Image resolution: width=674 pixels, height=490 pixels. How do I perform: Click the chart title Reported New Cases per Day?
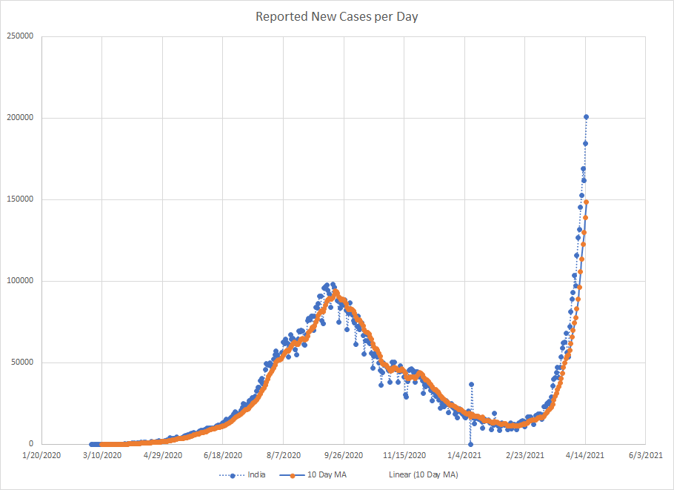(x=337, y=16)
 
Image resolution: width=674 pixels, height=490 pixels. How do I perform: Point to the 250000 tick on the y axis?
(x=21, y=36)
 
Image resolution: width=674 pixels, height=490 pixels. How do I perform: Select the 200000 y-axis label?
(x=21, y=118)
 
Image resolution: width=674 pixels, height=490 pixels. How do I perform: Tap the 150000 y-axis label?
(x=21, y=199)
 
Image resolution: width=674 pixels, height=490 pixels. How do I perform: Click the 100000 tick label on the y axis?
(x=21, y=281)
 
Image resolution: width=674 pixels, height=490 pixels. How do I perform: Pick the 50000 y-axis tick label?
(x=23, y=362)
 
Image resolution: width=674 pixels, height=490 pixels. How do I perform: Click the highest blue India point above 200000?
(x=586, y=116)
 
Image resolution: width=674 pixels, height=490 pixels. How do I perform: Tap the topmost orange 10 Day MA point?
(x=586, y=202)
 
